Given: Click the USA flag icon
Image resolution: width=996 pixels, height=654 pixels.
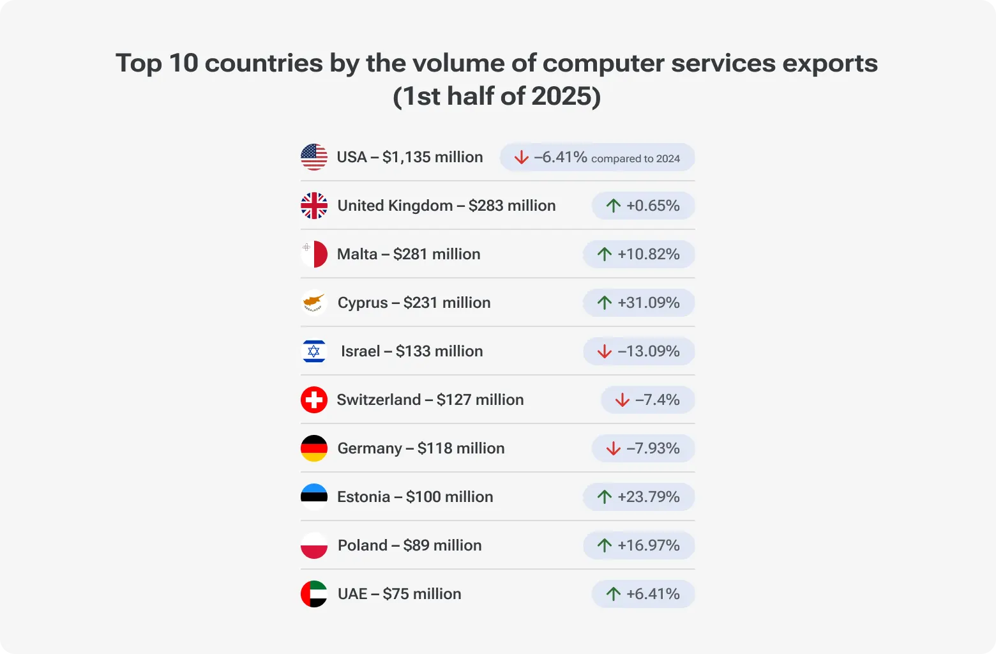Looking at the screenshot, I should (x=313, y=157).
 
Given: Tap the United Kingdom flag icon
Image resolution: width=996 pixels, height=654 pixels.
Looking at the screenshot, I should (x=313, y=206).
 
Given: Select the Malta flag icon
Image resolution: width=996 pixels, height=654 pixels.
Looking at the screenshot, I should (x=313, y=254).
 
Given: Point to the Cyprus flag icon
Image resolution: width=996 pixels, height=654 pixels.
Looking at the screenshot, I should (x=313, y=303).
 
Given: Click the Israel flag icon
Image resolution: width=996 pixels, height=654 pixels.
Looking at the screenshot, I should (x=313, y=351).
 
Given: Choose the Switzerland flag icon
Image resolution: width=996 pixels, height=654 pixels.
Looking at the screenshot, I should (x=313, y=400).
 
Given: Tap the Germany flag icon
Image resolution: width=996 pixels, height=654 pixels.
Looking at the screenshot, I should (x=313, y=448).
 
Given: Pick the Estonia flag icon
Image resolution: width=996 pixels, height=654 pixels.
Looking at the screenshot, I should (x=313, y=497).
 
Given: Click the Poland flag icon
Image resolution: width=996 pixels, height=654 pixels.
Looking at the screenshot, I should (x=313, y=545).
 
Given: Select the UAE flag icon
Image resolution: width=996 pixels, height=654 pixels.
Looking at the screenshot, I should (x=313, y=594).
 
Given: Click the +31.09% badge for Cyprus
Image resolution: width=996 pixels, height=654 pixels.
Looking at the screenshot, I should (x=638, y=303).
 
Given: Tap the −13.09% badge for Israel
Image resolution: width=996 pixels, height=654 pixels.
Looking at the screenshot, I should (x=638, y=351).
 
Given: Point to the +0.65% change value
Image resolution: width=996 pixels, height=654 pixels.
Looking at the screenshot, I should (x=653, y=206).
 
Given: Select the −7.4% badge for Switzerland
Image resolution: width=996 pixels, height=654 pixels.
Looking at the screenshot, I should (x=647, y=400).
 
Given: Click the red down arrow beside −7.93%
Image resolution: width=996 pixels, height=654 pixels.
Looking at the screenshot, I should (x=614, y=448).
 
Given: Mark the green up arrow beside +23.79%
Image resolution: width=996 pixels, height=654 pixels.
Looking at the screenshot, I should (x=605, y=497).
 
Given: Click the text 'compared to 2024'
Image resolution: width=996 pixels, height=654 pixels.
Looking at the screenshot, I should (x=635, y=158).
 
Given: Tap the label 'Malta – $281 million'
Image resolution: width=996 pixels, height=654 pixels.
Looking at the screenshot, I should (x=409, y=254).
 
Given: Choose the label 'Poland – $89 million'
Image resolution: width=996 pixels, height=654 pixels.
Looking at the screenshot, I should (x=409, y=545).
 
